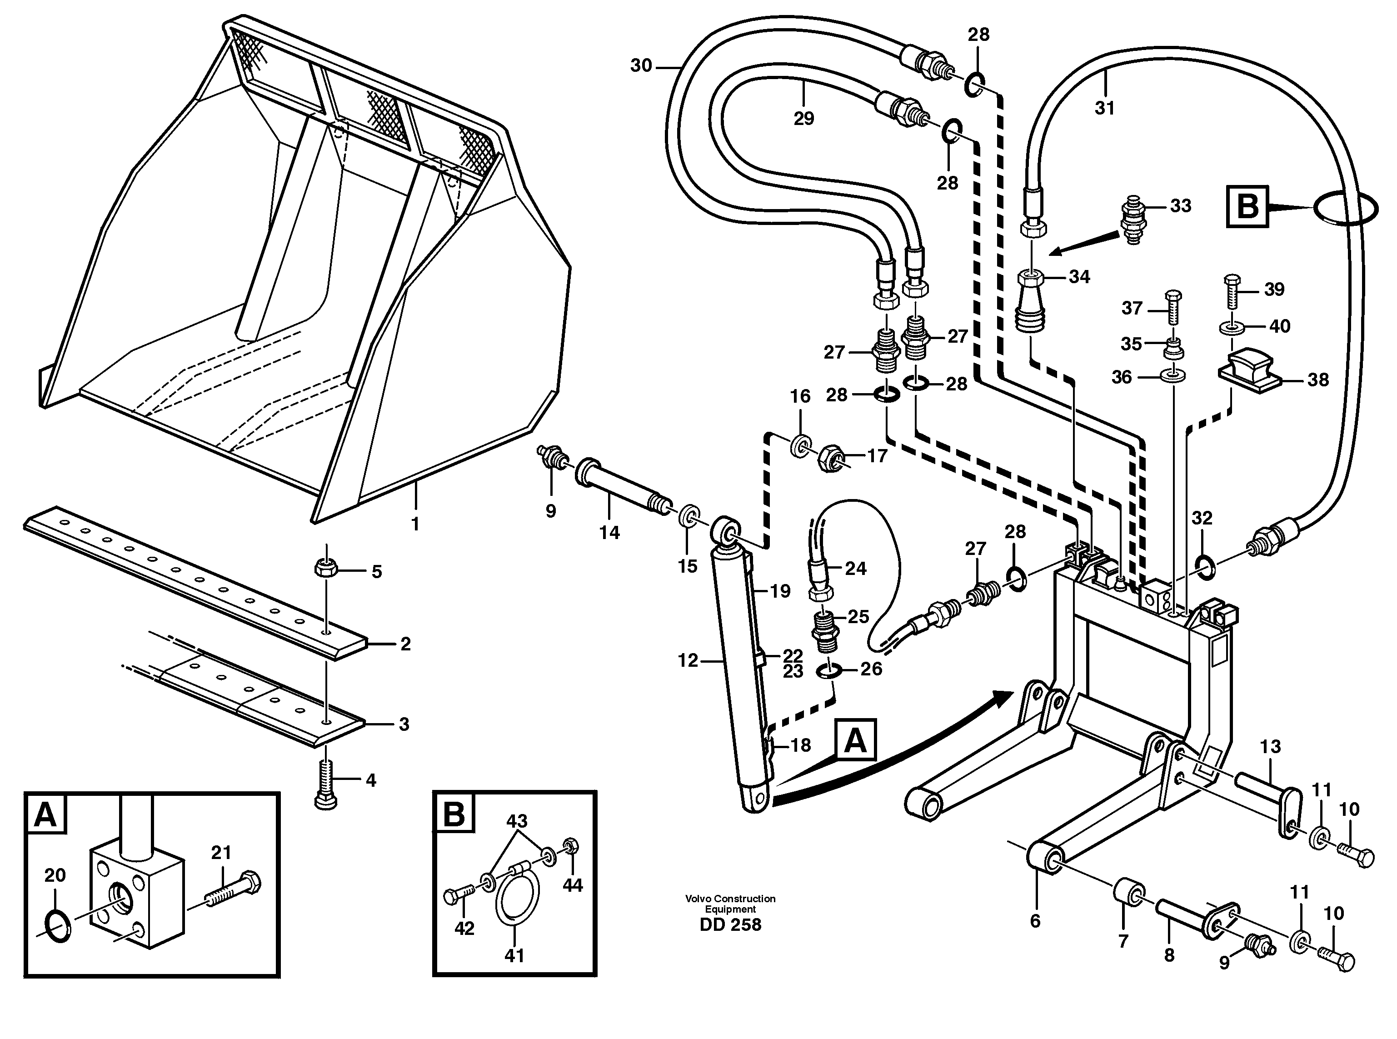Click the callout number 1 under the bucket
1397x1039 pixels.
[x=415, y=524]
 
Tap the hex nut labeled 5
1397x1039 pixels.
[x=326, y=569]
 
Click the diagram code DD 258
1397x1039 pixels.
[x=730, y=925]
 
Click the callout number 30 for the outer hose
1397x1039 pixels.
[x=641, y=65]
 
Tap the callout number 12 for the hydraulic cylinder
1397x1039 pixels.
[x=688, y=660]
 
